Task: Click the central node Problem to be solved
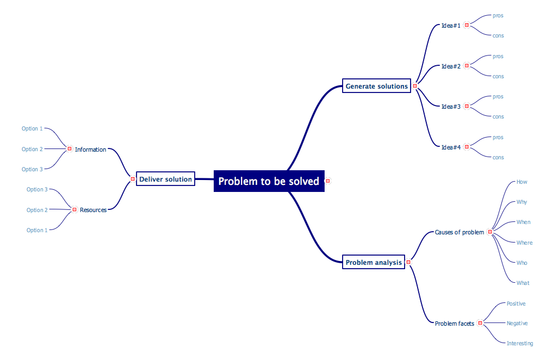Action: pyautogui.click(x=269, y=181)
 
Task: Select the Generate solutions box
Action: pyautogui.click(x=376, y=86)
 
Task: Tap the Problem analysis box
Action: pyautogui.click(x=374, y=263)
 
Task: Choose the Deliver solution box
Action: pyautogui.click(x=165, y=179)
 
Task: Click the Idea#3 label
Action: pyautogui.click(x=451, y=107)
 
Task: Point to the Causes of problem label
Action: pyautogui.click(x=459, y=232)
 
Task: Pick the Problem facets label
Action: pyautogui.click(x=454, y=324)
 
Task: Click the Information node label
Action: pyautogui.click(x=90, y=150)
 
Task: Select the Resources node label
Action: pyautogui.click(x=93, y=210)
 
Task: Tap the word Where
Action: pyautogui.click(x=524, y=243)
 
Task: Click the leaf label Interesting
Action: pyautogui.click(x=519, y=343)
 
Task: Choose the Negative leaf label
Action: pyautogui.click(x=517, y=323)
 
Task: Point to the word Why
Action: pyautogui.click(x=521, y=202)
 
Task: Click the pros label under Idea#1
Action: pyautogui.click(x=498, y=16)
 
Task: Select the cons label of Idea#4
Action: pyautogui.click(x=498, y=157)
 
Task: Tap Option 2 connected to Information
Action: pyautogui.click(x=32, y=149)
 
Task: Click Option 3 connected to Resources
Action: pyautogui.click(x=37, y=189)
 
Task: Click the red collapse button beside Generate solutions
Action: pyautogui.click(x=415, y=86)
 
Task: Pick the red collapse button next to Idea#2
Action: pyautogui.click(x=467, y=66)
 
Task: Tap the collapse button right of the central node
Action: pyautogui.click(x=327, y=181)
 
